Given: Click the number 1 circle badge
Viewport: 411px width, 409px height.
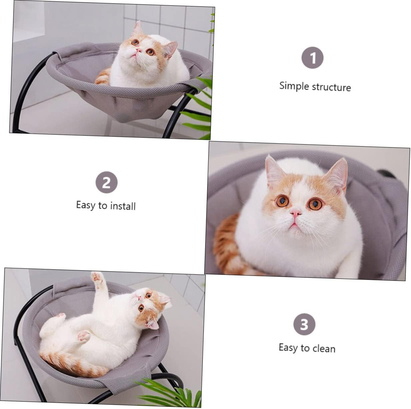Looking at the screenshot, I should click(x=312, y=58).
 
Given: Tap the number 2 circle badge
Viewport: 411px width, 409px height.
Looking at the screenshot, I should click(x=106, y=182).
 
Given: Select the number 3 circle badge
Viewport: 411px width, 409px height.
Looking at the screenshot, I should click(x=304, y=324).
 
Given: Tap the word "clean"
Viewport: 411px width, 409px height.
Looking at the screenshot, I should click(x=324, y=349).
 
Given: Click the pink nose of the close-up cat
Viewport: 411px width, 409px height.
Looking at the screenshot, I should click(x=295, y=213).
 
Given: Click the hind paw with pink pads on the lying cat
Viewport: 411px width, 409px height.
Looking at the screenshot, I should click(x=84, y=335).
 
